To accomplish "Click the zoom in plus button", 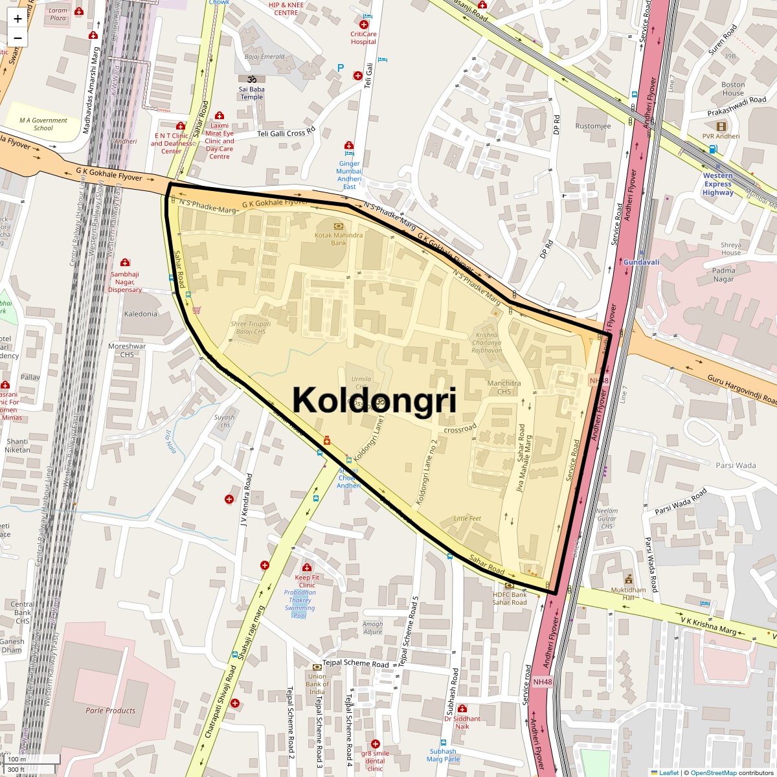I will point(17,18).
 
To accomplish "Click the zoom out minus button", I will point(17,38).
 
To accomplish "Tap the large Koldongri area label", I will point(374,400).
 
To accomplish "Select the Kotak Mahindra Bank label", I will point(338,239).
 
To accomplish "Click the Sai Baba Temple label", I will point(251,93).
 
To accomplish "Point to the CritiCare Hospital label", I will point(363,38).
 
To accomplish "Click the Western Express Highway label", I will point(717,184).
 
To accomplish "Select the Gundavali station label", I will point(641,262).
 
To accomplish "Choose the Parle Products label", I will point(111,710).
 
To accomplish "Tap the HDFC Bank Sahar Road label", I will point(510,598).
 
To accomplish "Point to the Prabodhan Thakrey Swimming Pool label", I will point(300,604).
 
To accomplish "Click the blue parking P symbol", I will point(341,67).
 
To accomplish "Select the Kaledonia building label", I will point(141,313).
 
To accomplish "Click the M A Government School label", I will point(43,124).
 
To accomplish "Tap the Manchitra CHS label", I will point(504,387).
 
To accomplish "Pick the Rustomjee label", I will point(592,126).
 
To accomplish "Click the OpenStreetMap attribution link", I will point(713,772).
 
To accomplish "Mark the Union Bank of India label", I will point(317,684).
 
